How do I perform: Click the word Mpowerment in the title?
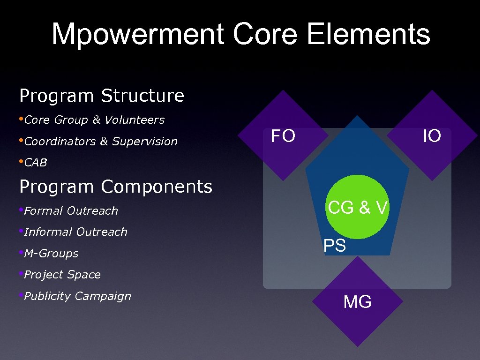(137, 34)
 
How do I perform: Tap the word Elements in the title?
(368, 34)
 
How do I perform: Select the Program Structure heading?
(102, 96)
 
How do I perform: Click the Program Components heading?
(116, 187)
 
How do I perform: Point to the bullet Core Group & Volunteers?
(94, 120)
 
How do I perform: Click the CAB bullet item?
(36, 163)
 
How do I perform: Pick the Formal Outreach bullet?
(71, 211)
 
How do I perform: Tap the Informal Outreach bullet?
(75, 232)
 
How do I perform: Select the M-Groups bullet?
(51, 254)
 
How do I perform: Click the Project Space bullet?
(62, 275)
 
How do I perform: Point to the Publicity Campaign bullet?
(77, 296)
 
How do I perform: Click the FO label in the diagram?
(283, 136)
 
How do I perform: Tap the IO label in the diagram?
(432, 136)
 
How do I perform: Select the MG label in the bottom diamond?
(357, 302)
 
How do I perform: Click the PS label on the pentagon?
(335, 246)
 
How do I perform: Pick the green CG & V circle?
(358, 207)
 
